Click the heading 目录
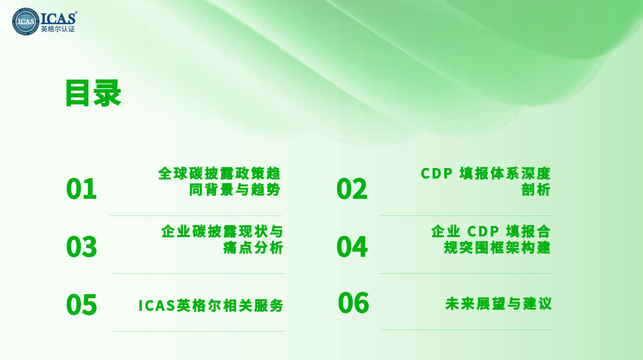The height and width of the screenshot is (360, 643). click(x=93, y=93)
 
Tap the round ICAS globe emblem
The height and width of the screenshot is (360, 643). click(x=25, y=21)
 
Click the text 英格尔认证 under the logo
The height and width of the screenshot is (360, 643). click(x=58, y=29)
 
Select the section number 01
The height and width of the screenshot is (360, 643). click(x=82, y=189)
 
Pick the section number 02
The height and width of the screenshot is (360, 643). click(x=352, y=189)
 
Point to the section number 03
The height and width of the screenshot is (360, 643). click(x=82, y=246)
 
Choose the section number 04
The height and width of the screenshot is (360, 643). click(x=352, y=246)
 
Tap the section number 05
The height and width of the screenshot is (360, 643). click(x=82, y=305)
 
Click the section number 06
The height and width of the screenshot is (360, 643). click(x=353, y=303)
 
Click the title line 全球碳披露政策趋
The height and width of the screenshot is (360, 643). click(x=219, y=173)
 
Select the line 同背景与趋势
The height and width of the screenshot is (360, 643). click(x=234, y=190)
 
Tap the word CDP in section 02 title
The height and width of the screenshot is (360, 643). click(x=437, y=173)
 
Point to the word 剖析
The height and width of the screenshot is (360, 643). click(x=536, y=190)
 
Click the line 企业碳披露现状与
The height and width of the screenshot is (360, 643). click(x=222, y=231)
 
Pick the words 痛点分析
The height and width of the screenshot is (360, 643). click(x=253, y=247)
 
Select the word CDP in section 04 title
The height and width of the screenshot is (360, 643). click(x=483, y=231)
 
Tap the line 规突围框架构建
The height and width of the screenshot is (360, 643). click(x=497, y=247)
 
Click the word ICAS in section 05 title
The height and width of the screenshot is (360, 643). click(x=157, y=305)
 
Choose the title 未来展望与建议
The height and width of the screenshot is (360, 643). click(x=498, y=304)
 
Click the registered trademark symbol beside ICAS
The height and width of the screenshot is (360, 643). click(x=76, y=12)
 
